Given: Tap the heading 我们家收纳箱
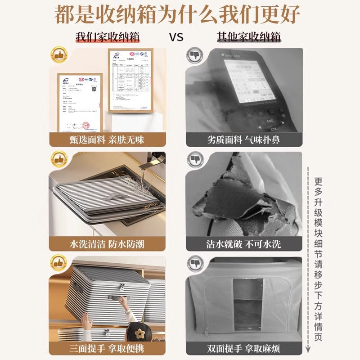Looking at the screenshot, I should click(107, 36).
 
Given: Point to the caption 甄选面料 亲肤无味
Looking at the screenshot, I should click(107, 139).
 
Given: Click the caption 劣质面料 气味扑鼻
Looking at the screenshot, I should click(243, 139).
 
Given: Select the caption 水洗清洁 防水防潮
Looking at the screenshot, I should click(107, 244).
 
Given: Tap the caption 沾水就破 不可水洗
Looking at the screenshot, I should click(243, 244).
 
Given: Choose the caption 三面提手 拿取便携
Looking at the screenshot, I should click(107, 349).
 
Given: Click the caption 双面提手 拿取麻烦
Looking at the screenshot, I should click(243, 349).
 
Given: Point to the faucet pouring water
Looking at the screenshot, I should click(155, 162).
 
